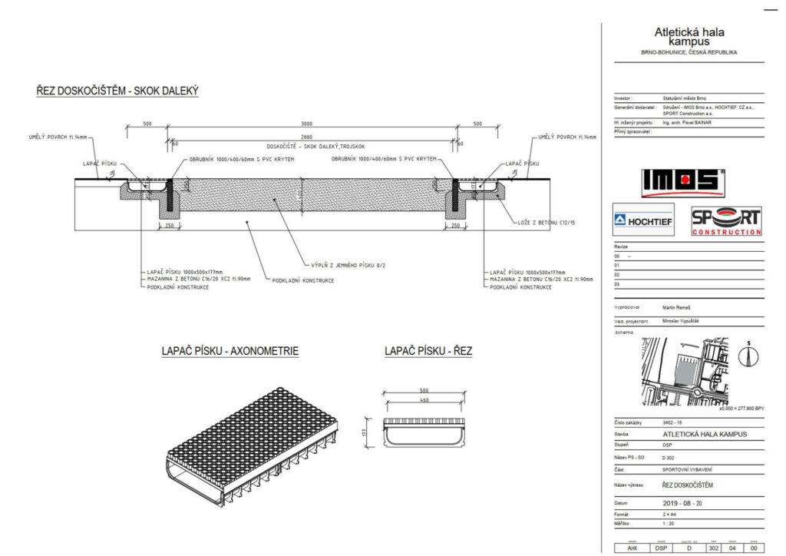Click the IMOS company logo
point(682,180)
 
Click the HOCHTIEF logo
point(643,220)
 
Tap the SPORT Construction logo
point(726,221)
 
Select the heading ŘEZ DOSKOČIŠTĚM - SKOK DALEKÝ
point(117,91)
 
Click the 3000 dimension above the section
point(306,124)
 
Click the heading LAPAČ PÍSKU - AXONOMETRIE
point(230,352)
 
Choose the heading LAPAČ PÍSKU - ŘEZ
point(428,352)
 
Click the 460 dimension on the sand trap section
point(424,400)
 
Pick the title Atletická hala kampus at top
point(689,37)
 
